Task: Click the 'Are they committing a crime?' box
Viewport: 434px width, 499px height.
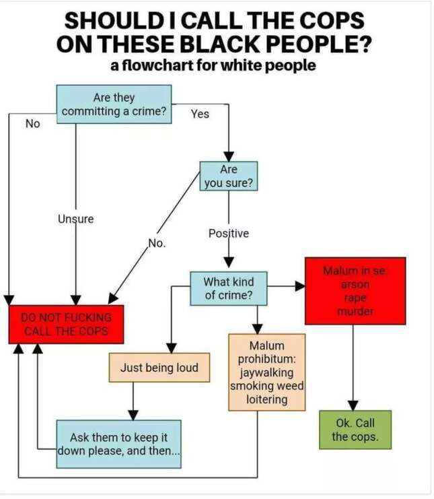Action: [114, 104]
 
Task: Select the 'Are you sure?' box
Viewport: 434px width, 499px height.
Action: [229, 176]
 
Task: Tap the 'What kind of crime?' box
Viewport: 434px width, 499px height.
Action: [229, 288]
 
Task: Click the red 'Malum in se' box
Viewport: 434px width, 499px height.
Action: [355, 291]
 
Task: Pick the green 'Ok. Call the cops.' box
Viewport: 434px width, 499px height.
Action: [355, 430]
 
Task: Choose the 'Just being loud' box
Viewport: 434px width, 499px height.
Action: [159, 367]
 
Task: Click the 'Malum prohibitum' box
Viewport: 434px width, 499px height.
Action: [266, 372]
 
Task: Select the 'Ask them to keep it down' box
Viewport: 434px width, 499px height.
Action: [118, 444]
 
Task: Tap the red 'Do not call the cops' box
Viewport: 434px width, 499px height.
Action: [66, 325]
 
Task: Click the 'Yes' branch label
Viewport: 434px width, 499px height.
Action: [200, 114]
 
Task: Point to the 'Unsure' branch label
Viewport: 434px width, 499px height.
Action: [75, 219]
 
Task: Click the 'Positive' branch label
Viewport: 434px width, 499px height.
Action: [229, 233]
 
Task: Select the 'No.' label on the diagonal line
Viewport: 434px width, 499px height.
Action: [157, 243]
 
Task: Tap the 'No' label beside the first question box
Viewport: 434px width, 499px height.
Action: [33, 123]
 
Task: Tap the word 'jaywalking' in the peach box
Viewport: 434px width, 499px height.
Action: [266, 372]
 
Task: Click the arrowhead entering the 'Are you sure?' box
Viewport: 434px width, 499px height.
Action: [229, 157]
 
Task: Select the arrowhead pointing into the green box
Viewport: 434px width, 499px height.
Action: [353, 405]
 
